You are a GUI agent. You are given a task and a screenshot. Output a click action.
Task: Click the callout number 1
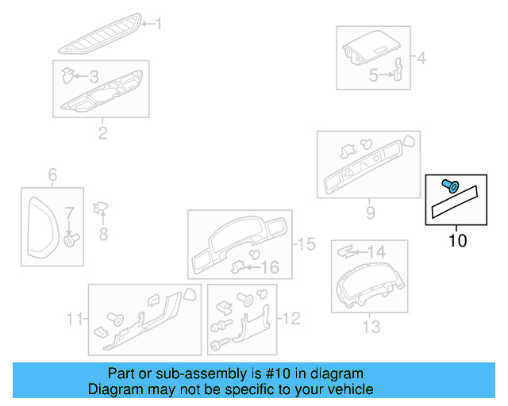(157, 25)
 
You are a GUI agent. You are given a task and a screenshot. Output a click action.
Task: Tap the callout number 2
(102, 132)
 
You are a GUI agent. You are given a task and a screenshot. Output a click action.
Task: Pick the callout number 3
(94, 77)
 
